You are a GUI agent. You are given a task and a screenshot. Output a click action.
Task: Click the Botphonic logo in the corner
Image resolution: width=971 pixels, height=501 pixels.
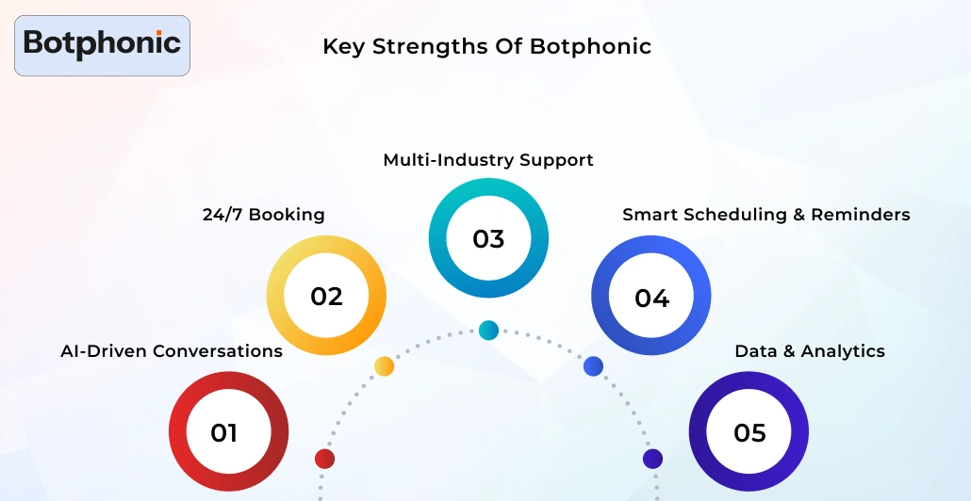[x=102, y=44]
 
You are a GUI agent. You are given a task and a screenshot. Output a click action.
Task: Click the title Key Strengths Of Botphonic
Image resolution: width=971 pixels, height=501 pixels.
[x=486, y=46]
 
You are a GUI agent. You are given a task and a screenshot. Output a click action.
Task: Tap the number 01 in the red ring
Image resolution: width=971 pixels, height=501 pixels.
[x=224, y=433]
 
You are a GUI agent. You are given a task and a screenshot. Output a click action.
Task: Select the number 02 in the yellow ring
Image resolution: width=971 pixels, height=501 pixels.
[x=326, y=297]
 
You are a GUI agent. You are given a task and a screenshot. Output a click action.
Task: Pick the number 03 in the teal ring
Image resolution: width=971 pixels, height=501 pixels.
[x=488, y=239]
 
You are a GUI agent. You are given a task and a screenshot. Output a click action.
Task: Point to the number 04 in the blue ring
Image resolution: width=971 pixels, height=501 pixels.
[x=651, y=299]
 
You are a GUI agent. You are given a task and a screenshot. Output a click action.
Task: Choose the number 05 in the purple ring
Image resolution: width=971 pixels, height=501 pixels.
[x=749, y=433]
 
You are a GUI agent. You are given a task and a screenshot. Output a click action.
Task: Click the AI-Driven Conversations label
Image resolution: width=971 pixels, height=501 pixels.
[x=172, y=351]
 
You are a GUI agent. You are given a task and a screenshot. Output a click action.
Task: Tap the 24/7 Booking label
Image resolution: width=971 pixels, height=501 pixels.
[x=263, y=215]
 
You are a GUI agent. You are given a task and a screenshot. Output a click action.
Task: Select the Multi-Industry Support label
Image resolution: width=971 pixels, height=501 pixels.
[x=488, y=160]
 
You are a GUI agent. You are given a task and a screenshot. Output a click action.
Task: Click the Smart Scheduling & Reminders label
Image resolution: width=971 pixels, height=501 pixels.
[x=765, y=215]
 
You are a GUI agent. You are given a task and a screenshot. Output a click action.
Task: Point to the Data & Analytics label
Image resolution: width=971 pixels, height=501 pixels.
[x=810, y=351]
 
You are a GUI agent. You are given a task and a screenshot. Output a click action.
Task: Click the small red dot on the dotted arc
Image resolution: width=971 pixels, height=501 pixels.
[x=324, y=459]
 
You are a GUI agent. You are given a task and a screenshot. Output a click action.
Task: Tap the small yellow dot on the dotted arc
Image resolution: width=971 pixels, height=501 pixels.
[x=384, y=366]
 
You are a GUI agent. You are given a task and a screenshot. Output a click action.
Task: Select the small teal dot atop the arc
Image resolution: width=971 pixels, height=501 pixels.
[x=488, y=330]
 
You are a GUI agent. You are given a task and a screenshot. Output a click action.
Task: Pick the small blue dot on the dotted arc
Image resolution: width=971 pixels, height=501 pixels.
[x=593, y=366]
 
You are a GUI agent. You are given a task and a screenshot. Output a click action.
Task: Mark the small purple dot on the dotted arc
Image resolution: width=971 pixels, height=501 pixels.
[x=652, y=459]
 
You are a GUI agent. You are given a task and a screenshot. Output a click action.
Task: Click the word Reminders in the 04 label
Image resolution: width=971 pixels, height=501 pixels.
[x=861, y=215]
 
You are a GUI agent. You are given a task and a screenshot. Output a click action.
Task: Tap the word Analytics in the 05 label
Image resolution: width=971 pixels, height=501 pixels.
[x=843, y=351]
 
